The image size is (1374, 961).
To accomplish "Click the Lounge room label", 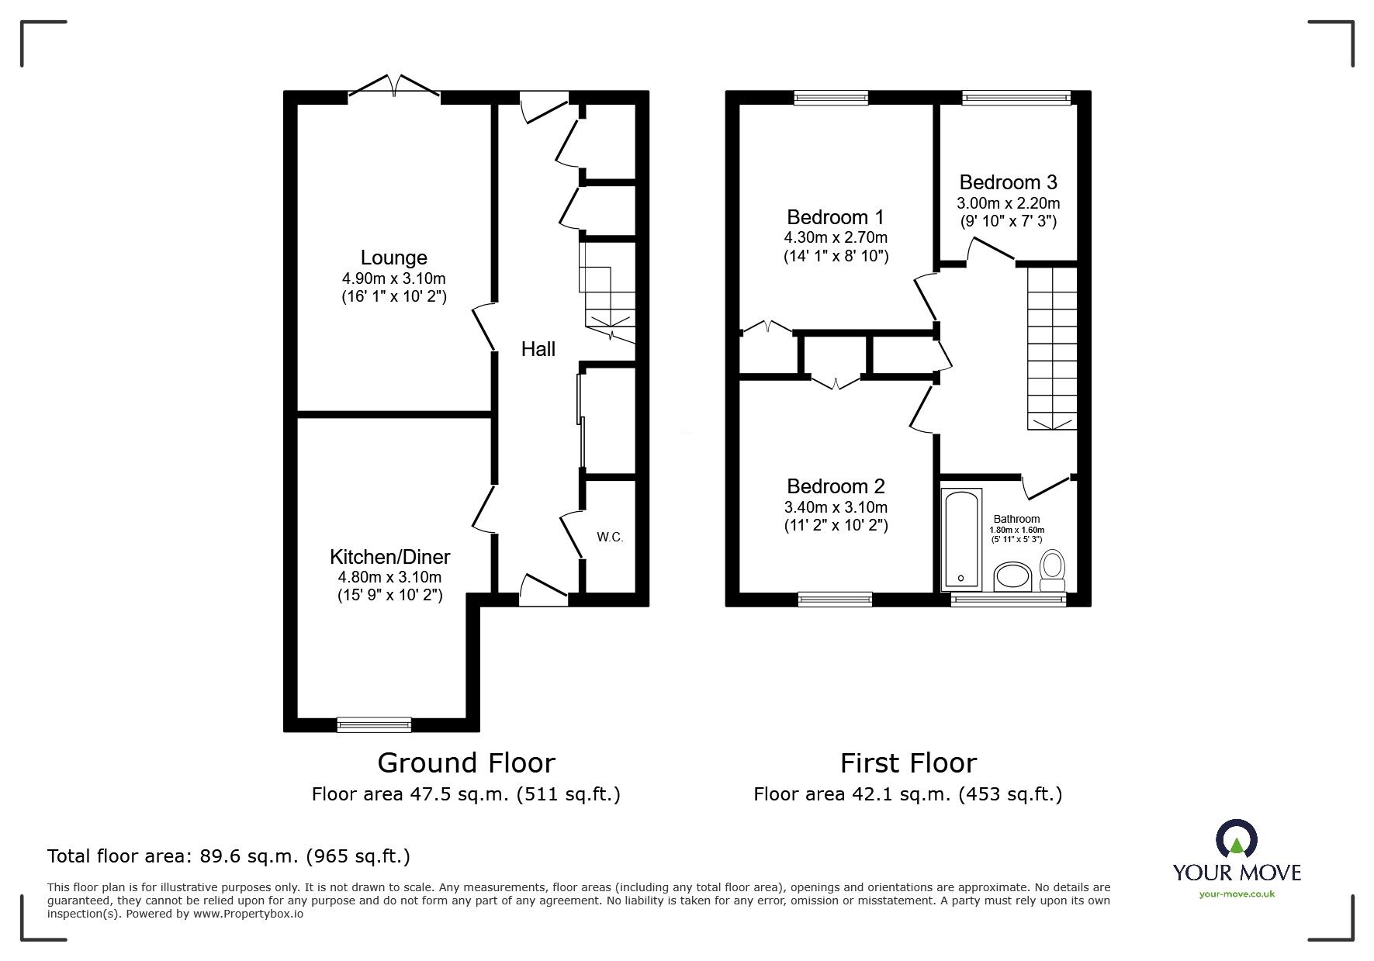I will coord(393,258).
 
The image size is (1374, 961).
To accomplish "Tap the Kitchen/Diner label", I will coord(389,557).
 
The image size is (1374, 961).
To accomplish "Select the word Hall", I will coord(538,349).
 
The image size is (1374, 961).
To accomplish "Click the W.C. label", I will coord(610,537).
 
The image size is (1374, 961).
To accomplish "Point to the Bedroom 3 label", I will coord(1008,182).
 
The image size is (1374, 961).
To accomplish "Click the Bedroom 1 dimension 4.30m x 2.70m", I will coord(835,237).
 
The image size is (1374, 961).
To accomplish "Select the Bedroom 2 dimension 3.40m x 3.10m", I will coord(835,507).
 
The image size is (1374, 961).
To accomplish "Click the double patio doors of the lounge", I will coord(395,88).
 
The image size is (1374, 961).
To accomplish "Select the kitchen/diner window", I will coord(374,724).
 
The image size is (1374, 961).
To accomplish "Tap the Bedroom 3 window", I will coord(1016,97).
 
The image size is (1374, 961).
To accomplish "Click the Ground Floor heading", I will coord(465,763).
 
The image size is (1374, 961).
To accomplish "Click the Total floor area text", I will coord(229,856).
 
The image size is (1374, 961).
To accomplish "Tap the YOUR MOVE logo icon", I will coord(1237,839).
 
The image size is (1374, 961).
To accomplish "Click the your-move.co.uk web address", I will coord(1237,894).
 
